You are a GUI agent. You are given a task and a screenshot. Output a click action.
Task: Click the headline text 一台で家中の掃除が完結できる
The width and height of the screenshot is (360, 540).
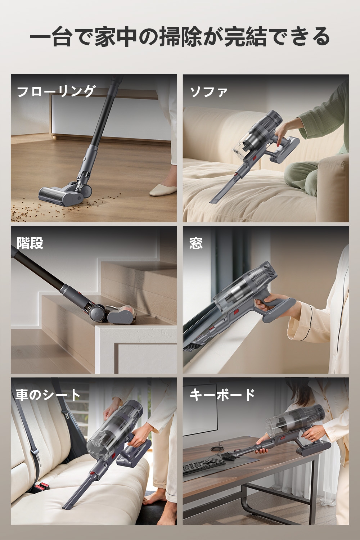180,37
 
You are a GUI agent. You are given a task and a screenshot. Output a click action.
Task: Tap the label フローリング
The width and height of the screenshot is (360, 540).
56,91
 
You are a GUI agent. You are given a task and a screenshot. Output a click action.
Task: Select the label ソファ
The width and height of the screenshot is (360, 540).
209,92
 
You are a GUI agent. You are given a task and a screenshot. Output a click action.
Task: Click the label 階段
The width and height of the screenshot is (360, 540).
30,243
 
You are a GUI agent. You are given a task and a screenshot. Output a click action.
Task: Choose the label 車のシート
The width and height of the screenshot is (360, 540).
48,395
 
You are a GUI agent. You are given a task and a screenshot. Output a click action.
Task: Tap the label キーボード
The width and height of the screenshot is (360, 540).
222,395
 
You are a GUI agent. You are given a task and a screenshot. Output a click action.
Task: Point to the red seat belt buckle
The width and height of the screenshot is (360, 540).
41,487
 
